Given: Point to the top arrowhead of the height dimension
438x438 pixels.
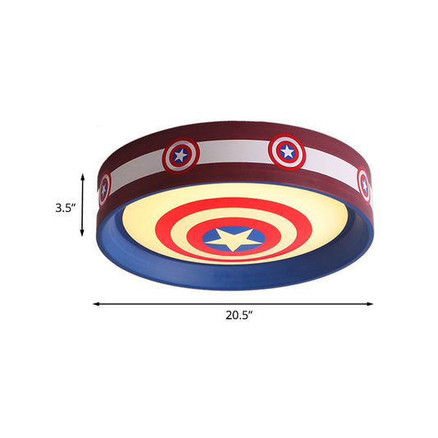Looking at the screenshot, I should click(x=83, y=175).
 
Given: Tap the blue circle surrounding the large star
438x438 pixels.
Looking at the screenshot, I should click(x=251, y=233).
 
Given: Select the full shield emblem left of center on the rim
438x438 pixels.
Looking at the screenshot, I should click(x=180, y=154).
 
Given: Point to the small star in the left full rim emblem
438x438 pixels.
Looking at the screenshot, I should click(x=180, y=154).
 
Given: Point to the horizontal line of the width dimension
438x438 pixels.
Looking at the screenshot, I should click(x=164, y=304).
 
